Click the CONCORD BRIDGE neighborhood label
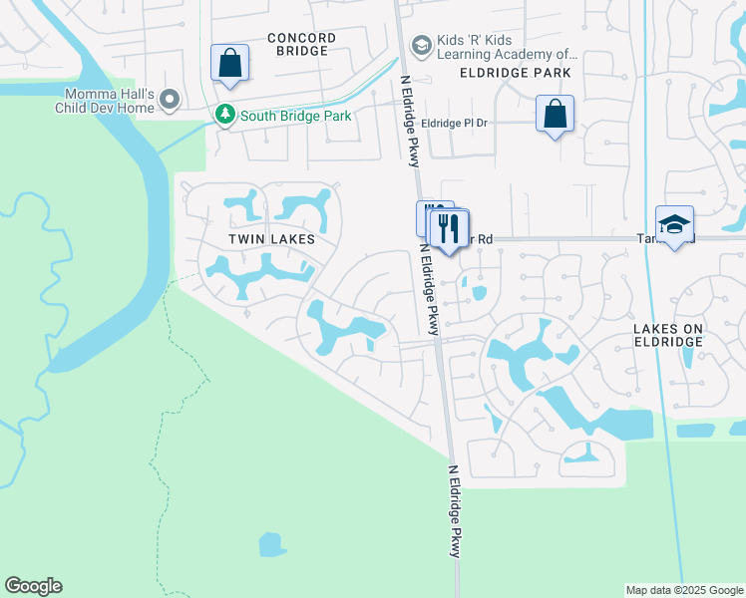pyautogui.click(x=301, y=44)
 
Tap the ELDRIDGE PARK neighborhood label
pyautogui.click(x=516, y=73)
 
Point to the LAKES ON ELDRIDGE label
pyautogui.click(x=667, y=334)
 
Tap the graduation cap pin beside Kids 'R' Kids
pyautogui.click(x=421, y=46)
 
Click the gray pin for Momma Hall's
pyautogui.click(x=170, y=100)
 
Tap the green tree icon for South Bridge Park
pyautogui.click(x=226, y=117)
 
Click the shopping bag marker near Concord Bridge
pyautogui.click(x=229, y=63)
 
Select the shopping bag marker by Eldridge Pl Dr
pyautogui.click(x=555, y=113)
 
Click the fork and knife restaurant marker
pyautogui.click(x=449, y=228)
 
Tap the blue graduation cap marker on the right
pyautogui.click(x=674, y=224)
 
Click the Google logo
pyautogui.click(x=33, y=586)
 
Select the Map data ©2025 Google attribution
pyautogui.click(x=684, y=590)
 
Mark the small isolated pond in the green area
pyautogui.click(x=272, y=544)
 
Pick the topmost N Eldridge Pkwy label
pyautogui.click(x=412, y=118)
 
